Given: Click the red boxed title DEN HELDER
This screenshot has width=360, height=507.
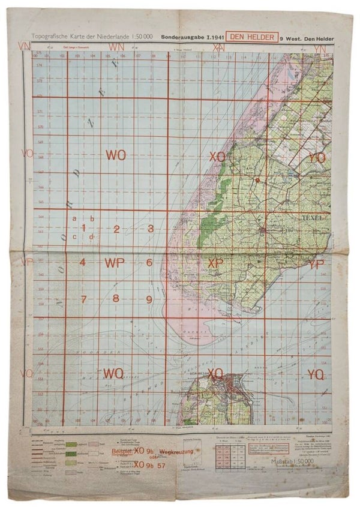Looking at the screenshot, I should click(x=252, y=37).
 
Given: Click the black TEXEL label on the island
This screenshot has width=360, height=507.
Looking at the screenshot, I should click(x=313, y=217).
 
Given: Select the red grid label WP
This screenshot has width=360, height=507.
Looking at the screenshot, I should click(x=115, y=262).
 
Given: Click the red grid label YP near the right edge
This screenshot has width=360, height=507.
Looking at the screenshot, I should click(x=316, y=263).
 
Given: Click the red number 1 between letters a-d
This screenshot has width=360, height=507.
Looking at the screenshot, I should click(x=83, y=228).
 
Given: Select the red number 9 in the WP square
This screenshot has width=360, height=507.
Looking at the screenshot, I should click(x=149, y=299).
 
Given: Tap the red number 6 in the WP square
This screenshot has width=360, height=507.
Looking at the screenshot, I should click(x=149, y=263).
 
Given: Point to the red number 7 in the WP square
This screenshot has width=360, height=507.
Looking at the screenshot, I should click(x=83, y=299).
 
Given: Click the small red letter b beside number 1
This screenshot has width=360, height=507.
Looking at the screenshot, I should click(x=92, y=219).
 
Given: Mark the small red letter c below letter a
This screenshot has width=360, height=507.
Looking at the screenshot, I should click(x=74, y=236).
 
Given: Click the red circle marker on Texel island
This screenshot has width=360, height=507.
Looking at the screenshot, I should click(x=257, y=179).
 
